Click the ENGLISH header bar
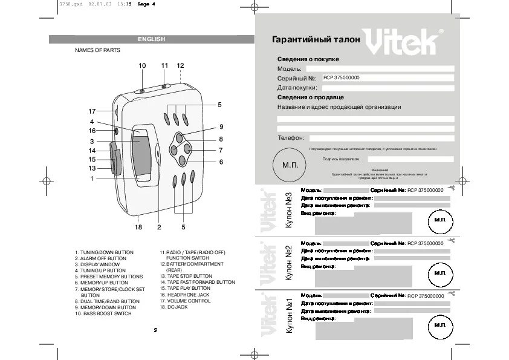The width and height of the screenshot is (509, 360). coord(151,39)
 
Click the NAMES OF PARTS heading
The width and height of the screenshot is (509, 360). coord(97,50)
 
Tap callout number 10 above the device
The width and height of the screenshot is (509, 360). coord(142,65)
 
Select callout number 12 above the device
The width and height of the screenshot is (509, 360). coord(180,65)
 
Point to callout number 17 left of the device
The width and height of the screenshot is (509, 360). coord(92,111)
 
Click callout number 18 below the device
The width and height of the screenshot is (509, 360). coord(138,227)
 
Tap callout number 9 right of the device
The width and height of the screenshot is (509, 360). coord(221,126)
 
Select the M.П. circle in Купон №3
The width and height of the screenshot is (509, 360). coord(440,221)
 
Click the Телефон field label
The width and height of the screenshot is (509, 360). coord(291,138)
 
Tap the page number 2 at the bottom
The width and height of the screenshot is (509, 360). coord(155,330)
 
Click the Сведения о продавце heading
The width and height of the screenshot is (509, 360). coord(311,97)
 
